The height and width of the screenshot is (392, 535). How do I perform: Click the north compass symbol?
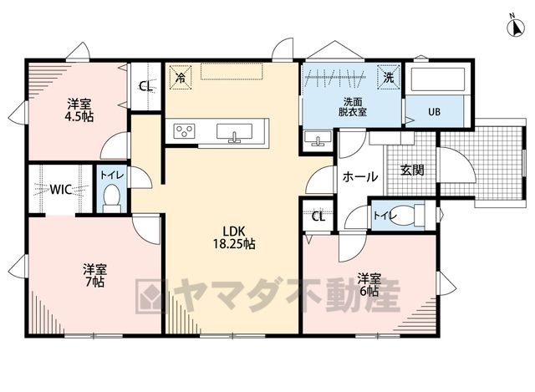point(517,28)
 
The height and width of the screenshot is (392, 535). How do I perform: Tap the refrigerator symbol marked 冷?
point(181,78)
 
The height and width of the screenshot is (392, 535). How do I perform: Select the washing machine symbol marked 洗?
point(388,78)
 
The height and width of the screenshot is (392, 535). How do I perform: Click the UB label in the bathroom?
point(434,112)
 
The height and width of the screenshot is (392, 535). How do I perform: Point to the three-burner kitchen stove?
point(184,131)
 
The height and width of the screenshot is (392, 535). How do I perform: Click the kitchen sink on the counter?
point(234,132)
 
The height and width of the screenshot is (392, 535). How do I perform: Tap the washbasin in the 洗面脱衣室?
point(318,140)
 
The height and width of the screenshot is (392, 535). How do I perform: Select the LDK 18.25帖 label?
point(234,237)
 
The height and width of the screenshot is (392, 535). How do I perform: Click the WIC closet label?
point(61,189)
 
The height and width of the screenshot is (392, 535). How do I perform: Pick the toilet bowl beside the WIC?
point(111,199)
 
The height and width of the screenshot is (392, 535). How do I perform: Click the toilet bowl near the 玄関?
point(407,216)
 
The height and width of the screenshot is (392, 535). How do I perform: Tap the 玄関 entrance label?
point(412,170)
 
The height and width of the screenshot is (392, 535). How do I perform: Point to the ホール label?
point(360,177)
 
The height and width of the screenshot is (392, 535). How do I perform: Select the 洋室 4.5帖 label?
point(79,109)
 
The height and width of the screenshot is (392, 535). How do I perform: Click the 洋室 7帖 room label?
point(95,276)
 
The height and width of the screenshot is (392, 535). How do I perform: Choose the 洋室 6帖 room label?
point(369,284)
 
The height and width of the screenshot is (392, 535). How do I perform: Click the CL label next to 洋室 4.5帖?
point(146,86)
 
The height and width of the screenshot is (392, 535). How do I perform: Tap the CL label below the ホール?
point(318,216)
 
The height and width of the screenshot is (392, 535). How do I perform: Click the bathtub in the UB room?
point(438,79)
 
